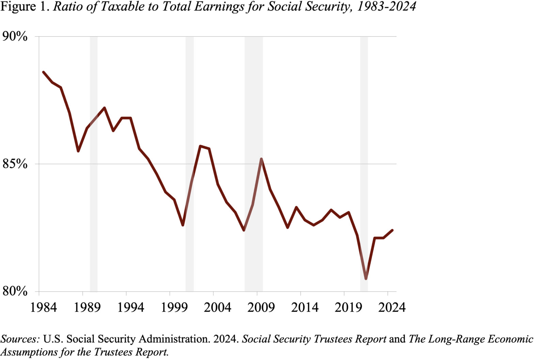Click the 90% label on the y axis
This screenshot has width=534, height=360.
click(x=15, y=36)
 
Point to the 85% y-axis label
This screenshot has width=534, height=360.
click(x=15, y=164)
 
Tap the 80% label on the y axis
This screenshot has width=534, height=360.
click(x=15, y=292)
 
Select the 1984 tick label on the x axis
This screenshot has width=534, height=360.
click(x=44, y=308)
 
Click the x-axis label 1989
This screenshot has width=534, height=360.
click(x=87, y=308)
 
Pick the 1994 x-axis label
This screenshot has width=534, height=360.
click(x=130, y=308)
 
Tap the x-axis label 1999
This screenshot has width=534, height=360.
click(x=174, y=308)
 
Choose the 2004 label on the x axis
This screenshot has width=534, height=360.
click(x=218, y=308)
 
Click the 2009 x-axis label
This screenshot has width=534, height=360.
click(x=261, y=308)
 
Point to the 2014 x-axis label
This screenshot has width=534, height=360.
click(x=305, y=308)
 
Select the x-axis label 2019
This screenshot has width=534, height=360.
click(x=348, y=308)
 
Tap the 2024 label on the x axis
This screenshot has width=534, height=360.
click(x=392, y=308)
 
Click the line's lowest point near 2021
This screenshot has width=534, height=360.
click(x=366, y=279)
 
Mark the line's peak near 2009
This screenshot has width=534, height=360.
click(x=261, y=159)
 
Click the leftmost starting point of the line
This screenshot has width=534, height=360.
click(x=43, y=72)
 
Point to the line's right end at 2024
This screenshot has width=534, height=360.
click(x=392, y=230)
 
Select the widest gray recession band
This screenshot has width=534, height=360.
click(x=254, y=163)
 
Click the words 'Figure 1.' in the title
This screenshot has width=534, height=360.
click(x=25, y=7)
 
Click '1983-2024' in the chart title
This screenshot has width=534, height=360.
click(x=386, y=7)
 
